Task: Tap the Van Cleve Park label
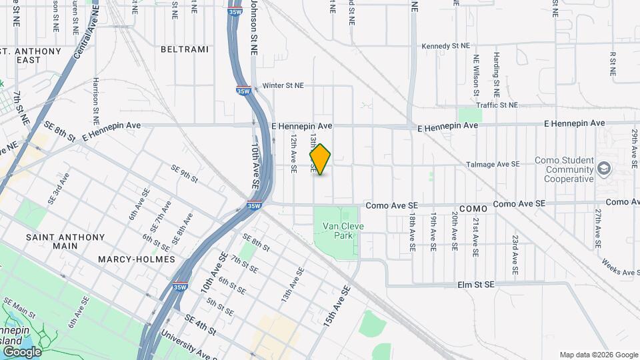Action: coord(337,231)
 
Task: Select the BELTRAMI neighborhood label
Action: coord(185,49)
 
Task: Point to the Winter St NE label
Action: coord(283,86)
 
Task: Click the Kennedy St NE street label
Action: coord(446,46)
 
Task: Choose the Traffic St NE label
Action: coord(497,105)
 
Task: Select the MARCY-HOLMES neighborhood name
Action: coord(136,259)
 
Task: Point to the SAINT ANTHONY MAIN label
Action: coord(65,241)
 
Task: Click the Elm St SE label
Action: coord(476,285)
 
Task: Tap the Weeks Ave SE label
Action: coord(619,267)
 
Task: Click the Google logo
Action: coord(21,352)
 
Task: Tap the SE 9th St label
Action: coord(185,173)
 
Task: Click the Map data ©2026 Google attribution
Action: coord(598,355)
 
